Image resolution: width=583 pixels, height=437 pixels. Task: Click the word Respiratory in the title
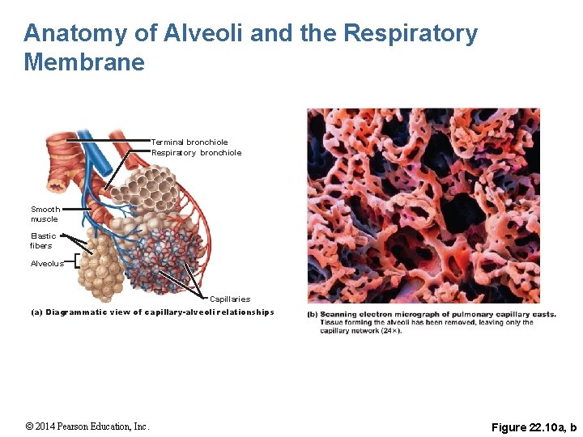[411, 34]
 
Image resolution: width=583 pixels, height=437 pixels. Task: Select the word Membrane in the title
[84, 62]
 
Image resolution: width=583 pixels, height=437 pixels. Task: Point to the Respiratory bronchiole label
[196, 153]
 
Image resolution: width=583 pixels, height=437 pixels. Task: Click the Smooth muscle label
[45, 214]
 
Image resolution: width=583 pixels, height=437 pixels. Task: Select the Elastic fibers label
[42, 241]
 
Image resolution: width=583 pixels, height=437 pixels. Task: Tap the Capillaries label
[230, 299]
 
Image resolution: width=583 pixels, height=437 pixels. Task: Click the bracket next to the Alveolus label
[76, 260]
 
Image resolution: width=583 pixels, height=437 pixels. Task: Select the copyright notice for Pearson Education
[87, 426]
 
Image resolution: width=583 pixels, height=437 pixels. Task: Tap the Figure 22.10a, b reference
[534, 426]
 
